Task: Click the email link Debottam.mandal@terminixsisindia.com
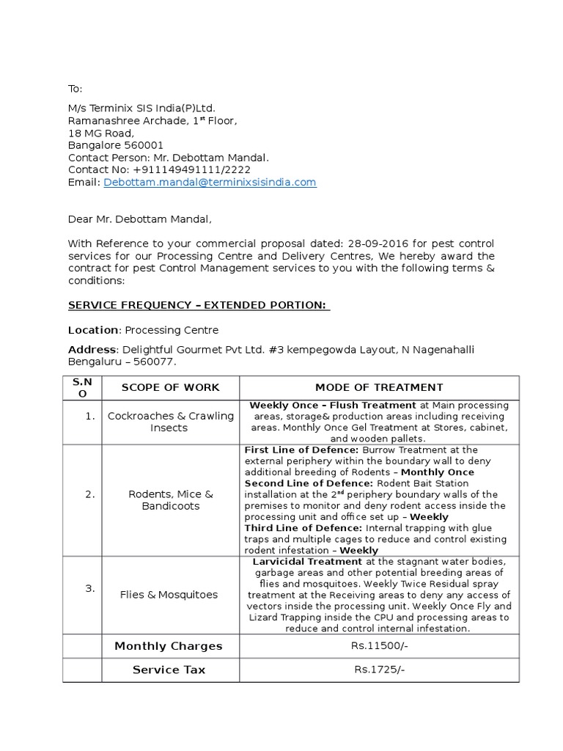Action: pos(210,183)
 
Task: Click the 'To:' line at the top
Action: pos(76,89)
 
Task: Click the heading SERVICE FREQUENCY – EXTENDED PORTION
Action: pos(199,305)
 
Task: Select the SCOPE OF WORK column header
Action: pos(170,387)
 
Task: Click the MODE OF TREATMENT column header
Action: pos(379,387)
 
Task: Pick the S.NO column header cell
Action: pos(82,387)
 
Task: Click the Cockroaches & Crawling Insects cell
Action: pos(170,422)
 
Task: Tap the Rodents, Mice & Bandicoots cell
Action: pos(170,500)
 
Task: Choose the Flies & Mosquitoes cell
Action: pos(169,595)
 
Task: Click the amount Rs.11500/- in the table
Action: pos(379,646)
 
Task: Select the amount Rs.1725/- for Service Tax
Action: pos(379,670)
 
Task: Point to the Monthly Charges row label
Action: pos(168,646)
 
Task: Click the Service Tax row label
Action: pos(169,670)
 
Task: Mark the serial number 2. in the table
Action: pos(89,494)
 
